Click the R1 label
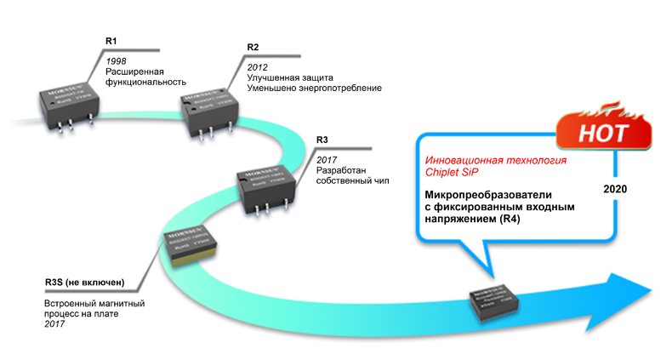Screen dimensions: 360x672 point(111,42)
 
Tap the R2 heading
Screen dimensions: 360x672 point(253,46)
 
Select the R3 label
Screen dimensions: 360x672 point(322,140)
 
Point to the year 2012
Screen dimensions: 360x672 point(257,66)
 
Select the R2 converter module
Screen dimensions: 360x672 point(207,110)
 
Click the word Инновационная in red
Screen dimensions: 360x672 point(464,160)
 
